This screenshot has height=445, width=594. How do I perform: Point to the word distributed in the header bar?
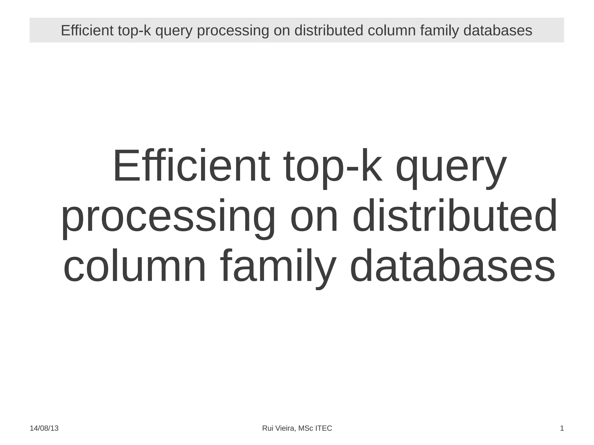(329, 30)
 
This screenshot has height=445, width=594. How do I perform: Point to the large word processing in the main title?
(168, 217)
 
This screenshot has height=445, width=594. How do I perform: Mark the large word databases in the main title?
(452, 266)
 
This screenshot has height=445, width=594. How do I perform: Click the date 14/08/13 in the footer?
(44, 428)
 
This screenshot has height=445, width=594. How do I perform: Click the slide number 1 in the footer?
(562, 428)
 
